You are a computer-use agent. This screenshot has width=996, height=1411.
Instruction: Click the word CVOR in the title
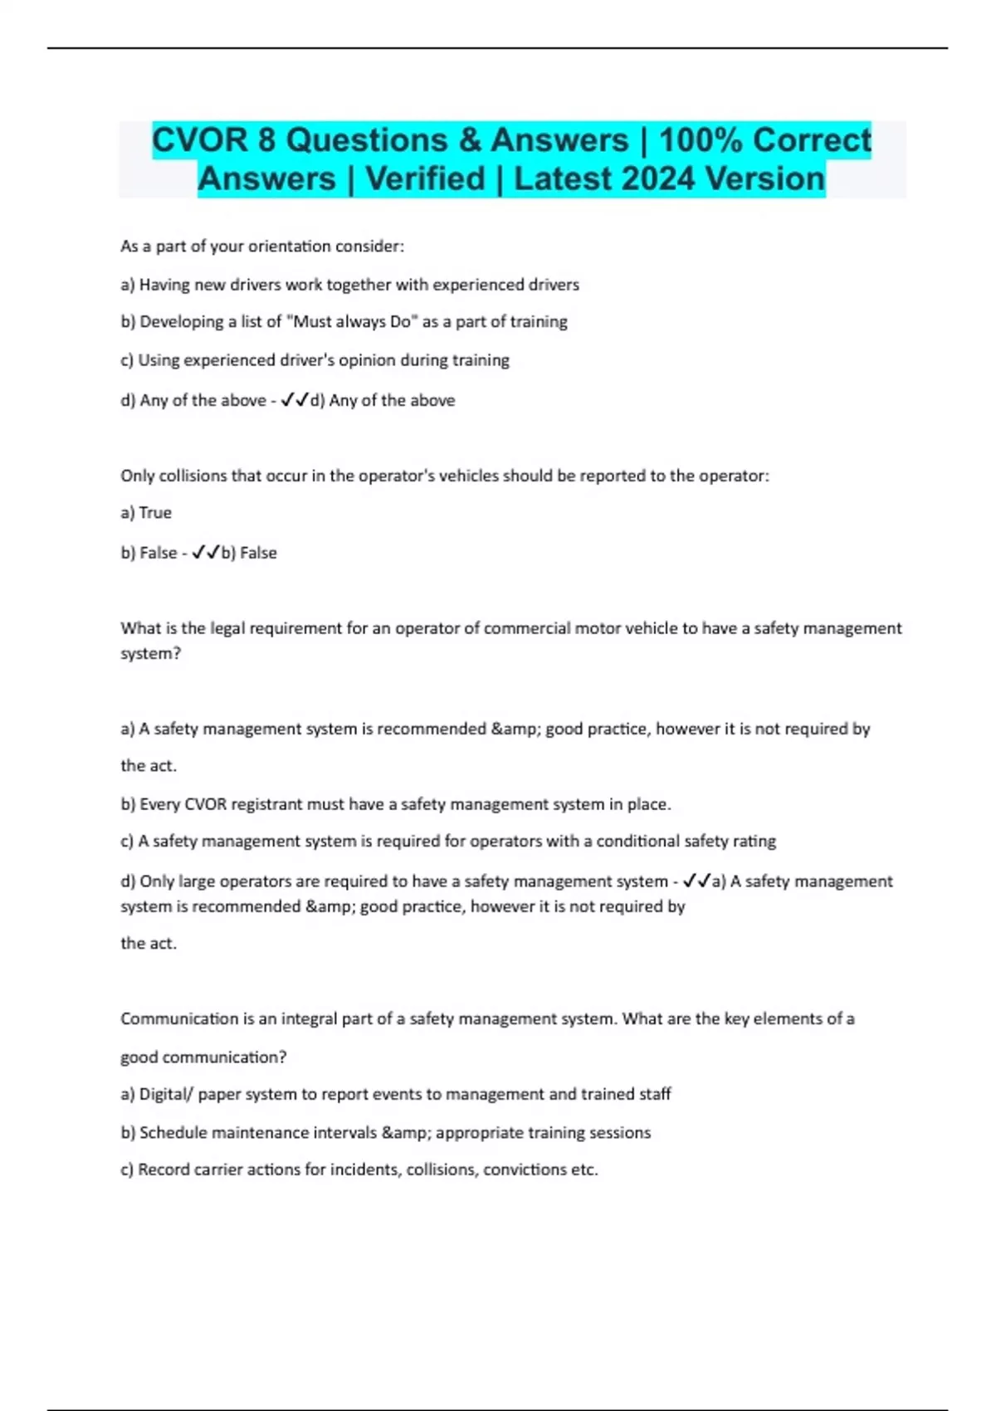(x=200, y=139)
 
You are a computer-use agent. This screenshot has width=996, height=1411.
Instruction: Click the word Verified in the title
(x=425, y=178)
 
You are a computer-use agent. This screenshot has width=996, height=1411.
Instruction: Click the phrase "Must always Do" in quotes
(x=352, y=322)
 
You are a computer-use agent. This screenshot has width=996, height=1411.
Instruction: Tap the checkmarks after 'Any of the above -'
(x=295, y=400)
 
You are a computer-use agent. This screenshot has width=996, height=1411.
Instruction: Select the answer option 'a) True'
(x=146, y=513)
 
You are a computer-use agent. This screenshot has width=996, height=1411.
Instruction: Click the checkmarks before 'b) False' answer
(x=205, y=553)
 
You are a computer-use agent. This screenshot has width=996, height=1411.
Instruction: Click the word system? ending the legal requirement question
(x=150, y=654)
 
